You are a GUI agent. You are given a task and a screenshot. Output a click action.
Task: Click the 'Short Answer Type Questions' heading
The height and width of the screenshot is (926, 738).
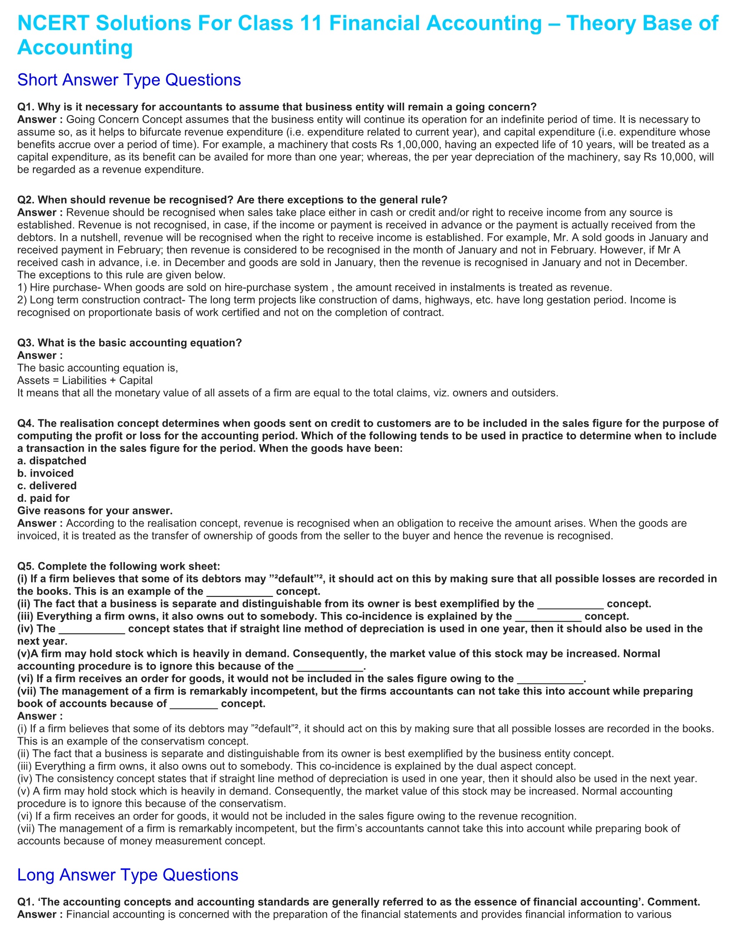(x=129, y=80)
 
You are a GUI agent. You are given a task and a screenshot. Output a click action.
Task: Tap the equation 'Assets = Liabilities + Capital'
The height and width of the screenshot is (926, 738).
(x=85, y=381)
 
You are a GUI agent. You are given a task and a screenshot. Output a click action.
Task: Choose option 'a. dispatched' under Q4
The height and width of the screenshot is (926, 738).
(x=52, y=461)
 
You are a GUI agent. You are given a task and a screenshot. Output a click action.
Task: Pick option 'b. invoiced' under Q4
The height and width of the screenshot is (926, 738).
(x=46, y=473)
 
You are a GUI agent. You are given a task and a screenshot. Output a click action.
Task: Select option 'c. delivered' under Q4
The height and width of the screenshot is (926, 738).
(x=47, y=486)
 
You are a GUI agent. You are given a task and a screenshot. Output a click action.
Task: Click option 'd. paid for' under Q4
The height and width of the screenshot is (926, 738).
(x=43, y=498)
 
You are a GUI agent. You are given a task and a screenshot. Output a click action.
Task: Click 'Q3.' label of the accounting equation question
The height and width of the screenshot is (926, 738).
(x=26, y=343)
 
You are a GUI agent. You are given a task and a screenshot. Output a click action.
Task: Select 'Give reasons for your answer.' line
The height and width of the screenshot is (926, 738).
(x=95, y=511)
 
